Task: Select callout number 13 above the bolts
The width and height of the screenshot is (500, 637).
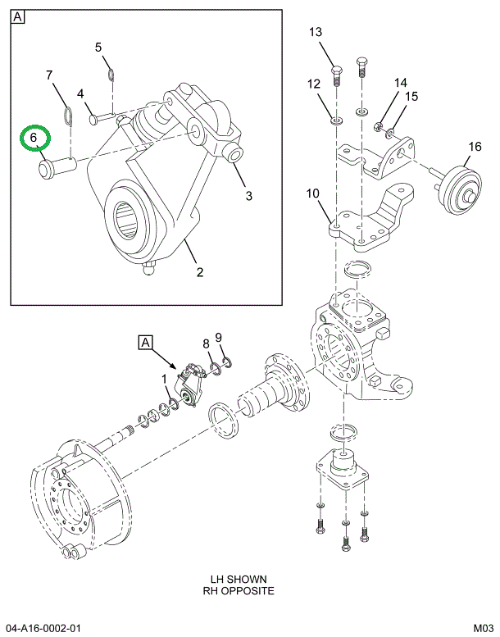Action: tap(316, 33)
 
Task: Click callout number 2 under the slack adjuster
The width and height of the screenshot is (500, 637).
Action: tap(199, 271)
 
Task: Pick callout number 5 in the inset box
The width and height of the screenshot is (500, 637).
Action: tap(98, 47)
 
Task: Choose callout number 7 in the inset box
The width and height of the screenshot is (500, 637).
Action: tap(48, 75)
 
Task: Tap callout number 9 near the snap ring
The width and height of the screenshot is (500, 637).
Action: tap(219, 337)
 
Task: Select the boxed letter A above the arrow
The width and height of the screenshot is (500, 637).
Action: tap(146, 342)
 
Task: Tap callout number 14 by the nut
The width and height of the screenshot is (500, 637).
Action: tap(400, 83)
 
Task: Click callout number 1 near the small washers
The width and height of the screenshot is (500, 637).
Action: tap(165, 378)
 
